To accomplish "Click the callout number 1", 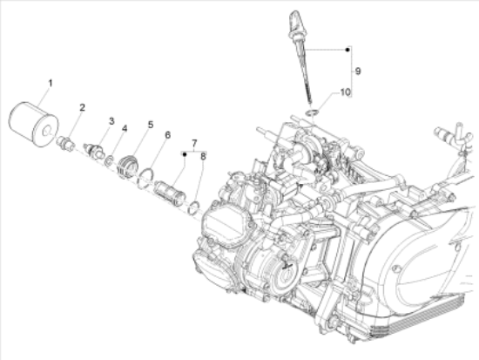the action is (x=51, y=83).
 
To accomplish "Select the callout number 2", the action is (x=82, y=107).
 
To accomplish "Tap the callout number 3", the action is (x=111, y=121).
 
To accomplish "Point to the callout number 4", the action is (x=125, y=128).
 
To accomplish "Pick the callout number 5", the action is (x=151, y=125).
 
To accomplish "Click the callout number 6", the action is (x=167, y=135).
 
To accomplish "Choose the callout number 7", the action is (x=194, y=143).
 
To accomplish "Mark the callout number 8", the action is (x=203, y=157).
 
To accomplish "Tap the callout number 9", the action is (x=358, y=71).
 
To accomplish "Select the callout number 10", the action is (x=345, y=92).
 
